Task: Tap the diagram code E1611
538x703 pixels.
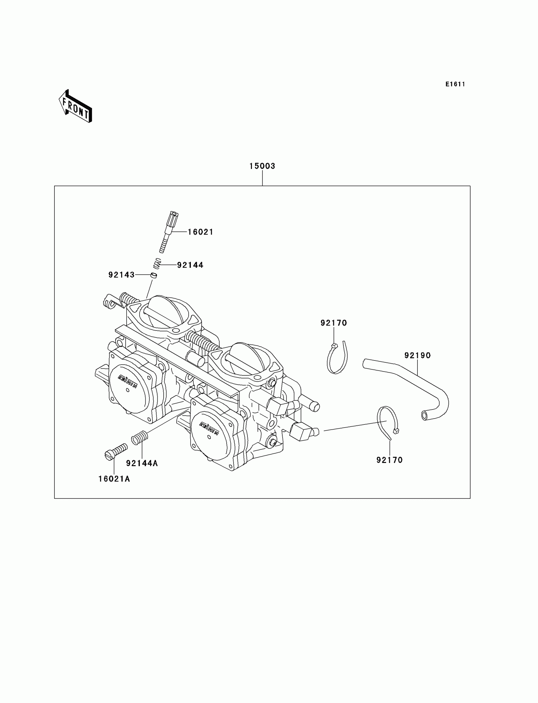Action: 455,84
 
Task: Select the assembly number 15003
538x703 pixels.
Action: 262,166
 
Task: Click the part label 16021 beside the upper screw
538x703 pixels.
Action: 200,232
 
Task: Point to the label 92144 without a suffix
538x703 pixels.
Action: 190,265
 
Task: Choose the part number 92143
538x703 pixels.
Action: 122,275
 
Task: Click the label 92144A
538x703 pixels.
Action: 142,463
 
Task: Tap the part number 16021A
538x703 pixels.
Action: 114,479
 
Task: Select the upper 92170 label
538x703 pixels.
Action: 334,323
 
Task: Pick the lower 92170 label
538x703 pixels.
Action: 389,460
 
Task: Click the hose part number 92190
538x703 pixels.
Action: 418,355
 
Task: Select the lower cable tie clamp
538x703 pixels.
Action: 387,422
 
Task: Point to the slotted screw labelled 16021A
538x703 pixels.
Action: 116,451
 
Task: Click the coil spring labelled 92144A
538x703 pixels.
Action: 140,437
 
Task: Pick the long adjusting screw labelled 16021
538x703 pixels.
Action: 169,232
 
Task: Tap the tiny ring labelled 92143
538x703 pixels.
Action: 154,275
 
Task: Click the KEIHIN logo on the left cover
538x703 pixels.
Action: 128,381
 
